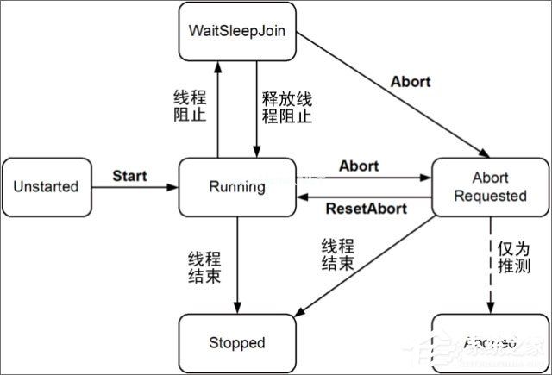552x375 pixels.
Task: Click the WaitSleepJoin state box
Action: click(236, 32)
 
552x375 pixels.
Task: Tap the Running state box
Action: click(236, 186)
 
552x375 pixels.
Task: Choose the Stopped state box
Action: click(236, 342)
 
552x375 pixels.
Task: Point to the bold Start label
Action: click(129, 176)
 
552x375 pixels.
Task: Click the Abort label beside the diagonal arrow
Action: click(410, 82)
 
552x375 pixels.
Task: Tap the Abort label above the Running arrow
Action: click(359, 165)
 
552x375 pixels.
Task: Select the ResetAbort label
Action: click(361, 209)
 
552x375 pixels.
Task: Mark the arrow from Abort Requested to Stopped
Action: click(371, 263)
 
